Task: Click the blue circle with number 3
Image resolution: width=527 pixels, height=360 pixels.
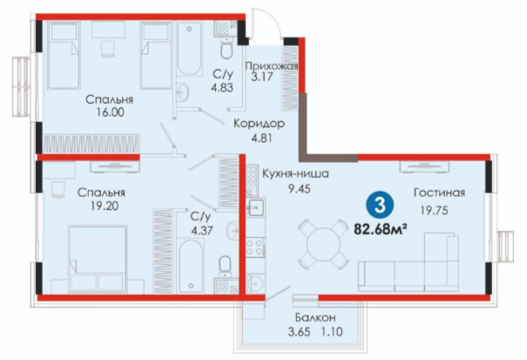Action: (380, 205)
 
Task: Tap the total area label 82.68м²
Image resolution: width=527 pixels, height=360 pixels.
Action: (381, 229)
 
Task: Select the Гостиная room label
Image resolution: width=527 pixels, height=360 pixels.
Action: (439, 193)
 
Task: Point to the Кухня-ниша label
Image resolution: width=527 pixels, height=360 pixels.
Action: (295, 174)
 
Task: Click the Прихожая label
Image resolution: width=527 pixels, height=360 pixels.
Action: (272, 65)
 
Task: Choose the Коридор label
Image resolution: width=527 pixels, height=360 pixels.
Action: (259, 124)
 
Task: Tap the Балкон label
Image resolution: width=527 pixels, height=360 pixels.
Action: (315, 317)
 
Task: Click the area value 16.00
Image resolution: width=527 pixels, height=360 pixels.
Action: (110, 112)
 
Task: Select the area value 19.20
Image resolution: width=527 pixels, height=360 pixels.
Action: (105, 206)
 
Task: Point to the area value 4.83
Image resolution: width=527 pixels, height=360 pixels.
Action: (222, 87)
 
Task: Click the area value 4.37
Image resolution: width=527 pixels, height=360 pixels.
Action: (202, 231)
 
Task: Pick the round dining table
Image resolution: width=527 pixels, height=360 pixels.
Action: (322, 242)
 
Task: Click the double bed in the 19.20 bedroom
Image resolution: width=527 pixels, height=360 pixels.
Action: (98, 259)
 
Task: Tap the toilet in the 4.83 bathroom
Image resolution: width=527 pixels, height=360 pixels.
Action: (226, 50)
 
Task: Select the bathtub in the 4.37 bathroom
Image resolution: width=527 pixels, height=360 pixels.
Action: (191, 266)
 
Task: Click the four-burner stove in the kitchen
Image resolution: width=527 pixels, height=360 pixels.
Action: (255, 247)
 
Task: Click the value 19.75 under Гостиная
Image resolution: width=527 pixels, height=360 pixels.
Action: (435, 211)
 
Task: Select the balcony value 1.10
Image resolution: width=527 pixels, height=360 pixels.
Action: (332, 332)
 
